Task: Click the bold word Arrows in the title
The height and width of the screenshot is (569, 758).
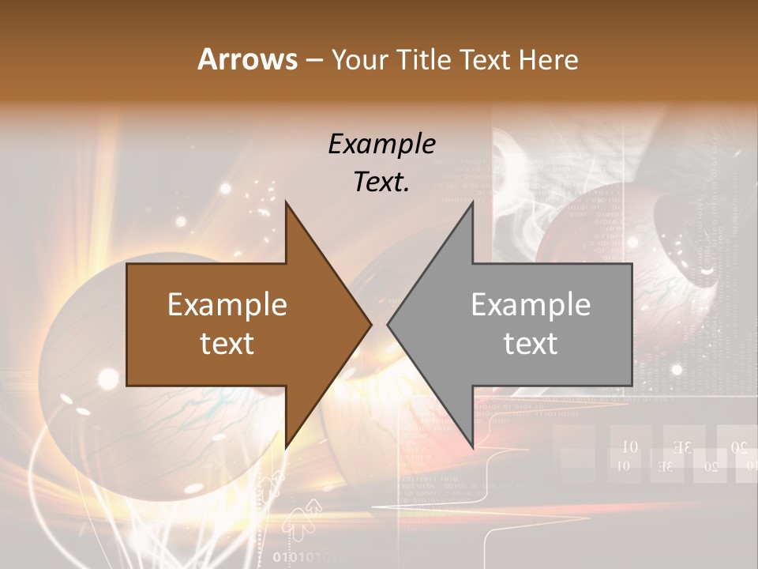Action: click(x=247, y=59)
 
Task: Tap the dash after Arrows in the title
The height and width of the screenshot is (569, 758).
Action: click(x=313, y=60)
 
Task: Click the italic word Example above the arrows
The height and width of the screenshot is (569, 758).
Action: click(x=382, y=145)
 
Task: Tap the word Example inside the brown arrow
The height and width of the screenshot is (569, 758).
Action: click(x=227, y=305)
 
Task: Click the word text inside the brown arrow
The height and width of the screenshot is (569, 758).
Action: click(x=227, y=344)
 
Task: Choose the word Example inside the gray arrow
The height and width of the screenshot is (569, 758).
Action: click(x=531, y=305)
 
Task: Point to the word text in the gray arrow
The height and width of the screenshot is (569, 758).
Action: click(x=531, y=344)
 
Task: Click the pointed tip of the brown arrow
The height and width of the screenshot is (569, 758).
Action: click(x=371, y=324)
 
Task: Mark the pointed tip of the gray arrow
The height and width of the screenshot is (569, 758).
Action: click(x=388, y=324)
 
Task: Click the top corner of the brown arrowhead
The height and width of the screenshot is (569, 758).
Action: click(x=286, y=202)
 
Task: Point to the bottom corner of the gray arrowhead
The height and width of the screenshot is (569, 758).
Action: click(x=472, y=447)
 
